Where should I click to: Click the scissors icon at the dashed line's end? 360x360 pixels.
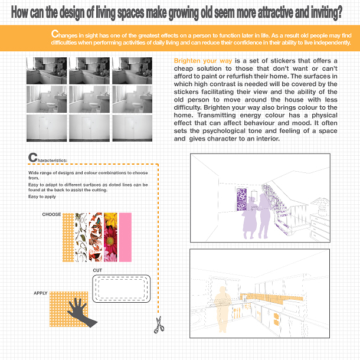(159, 325)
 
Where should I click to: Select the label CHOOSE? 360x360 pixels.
(51, 214)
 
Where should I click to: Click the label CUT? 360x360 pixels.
(97, 270)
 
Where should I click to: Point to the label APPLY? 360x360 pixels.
(40, 293)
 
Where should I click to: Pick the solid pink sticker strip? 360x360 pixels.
(125, 237)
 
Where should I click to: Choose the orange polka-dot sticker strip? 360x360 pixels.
(68, 237)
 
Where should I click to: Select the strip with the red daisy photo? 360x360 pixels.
(110, 237)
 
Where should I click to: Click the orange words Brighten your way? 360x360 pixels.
(203, 61)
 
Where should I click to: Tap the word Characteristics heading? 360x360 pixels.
(48, 158)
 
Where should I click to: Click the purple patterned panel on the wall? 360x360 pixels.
(241, 199)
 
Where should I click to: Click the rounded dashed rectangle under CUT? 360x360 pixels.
(121, 289)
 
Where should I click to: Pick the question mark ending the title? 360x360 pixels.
(339, 12)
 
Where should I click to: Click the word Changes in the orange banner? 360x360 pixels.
(64, 34)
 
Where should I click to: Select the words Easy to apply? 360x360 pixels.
(42, 197)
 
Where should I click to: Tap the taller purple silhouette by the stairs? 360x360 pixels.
(265, 216)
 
